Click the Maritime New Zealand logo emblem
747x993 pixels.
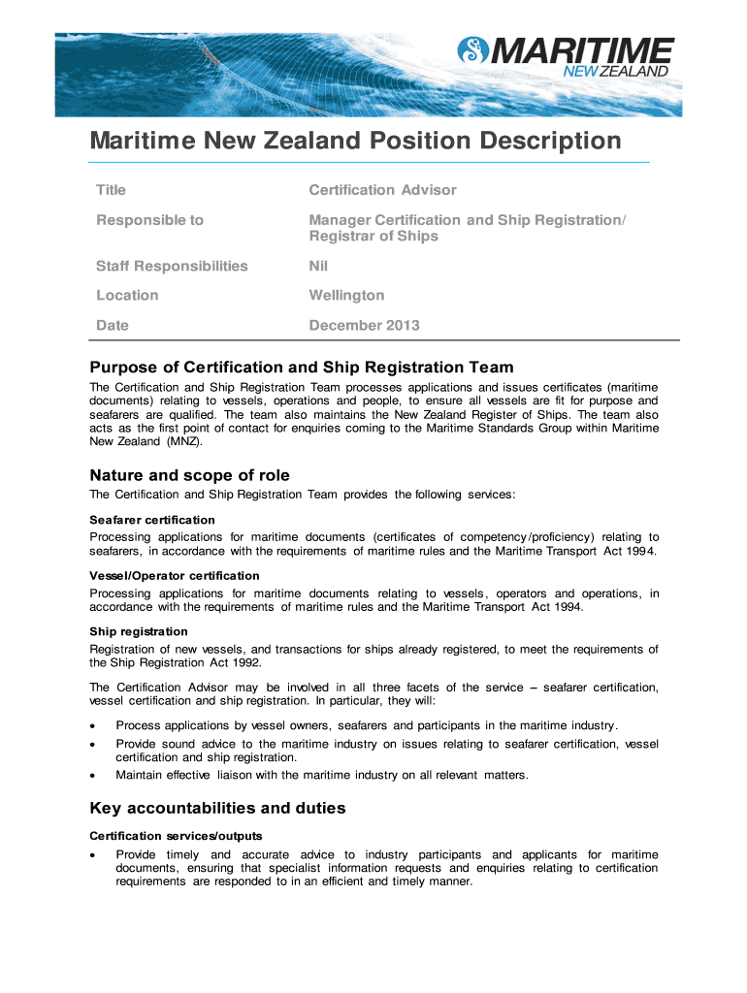pyautogui.click(x=472, y=49)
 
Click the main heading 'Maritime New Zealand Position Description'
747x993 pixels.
pyautogui.click(x=355, y=142)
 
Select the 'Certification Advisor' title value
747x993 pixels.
pyautogui.click(x=382, y=190)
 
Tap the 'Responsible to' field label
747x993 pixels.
pyautogui.click(x=149, y=220)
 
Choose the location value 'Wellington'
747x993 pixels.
pyautogui.click(x=346, y=295)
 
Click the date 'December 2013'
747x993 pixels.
pyautogui.click(x=364, y=325)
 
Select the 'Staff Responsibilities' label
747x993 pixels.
pyautogui.click(x=172, y=266)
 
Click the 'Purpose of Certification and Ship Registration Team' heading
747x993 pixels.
pyautogui.click(x=302, y=368)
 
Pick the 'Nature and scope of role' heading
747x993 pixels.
pyautogui.click(x=189, y=475)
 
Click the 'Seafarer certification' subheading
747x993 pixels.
pyautogui.click(x=152, y=521)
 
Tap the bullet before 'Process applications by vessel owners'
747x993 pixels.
pyautogui.click(x=92, y=725)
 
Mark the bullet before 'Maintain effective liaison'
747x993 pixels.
pyautogui.click(x=92, y=775)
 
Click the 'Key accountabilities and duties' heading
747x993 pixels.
pyautogui.click(x=217, y=808)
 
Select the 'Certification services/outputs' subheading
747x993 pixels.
pyautogui.click(x=176, y=836)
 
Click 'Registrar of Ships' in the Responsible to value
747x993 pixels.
pyautogui.click(x=373, y=237)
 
